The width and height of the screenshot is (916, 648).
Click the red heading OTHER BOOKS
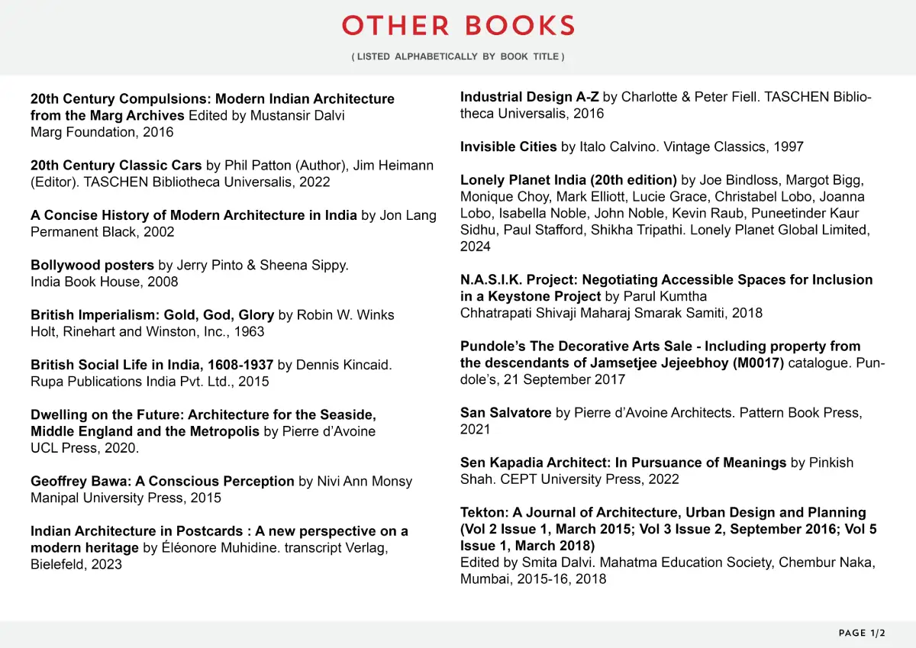click(458, 26)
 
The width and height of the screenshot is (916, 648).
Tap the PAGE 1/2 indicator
click(862, 633)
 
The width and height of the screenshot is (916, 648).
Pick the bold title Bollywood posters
click(92, 266)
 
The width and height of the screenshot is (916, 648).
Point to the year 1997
click(788, 147)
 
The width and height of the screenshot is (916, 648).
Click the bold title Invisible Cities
click(508, 147)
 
